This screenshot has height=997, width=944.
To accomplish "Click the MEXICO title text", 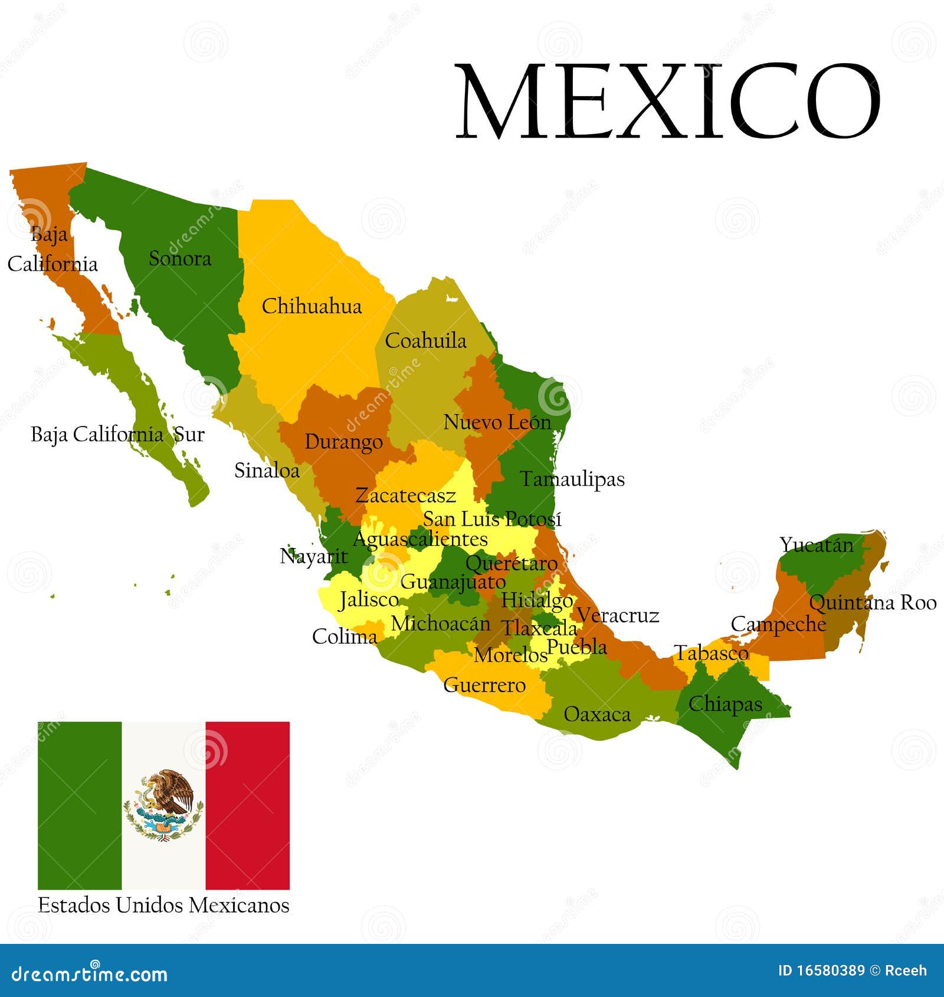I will click(668, 101).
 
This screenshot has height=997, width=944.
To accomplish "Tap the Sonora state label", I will click(180, 258).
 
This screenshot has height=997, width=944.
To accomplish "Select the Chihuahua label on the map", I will click(312, 306).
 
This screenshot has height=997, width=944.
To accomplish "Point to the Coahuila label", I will click(425, 340).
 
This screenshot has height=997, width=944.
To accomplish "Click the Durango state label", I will click(343, 442).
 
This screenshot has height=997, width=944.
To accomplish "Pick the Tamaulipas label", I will click(572, 479).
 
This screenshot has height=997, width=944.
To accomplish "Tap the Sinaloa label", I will click(267, 470).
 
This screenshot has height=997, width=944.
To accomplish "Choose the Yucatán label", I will click(817, 545).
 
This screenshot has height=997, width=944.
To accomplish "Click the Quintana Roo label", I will click(872, 602).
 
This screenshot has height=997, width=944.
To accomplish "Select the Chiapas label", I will click(725, 704).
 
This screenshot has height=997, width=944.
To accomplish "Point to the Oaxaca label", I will click(597, 714).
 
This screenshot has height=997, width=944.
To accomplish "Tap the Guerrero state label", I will click(484, 685).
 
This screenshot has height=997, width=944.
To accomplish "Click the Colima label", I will click(345, 637).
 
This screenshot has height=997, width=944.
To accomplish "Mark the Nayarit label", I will click(314, 556).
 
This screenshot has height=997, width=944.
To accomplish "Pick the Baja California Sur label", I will click(117, 435).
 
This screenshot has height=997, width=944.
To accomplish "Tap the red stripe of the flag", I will click(247, 805).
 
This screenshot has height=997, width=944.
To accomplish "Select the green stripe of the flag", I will click(80, 805).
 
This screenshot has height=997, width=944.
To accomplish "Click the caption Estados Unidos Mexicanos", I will click(163, 905).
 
